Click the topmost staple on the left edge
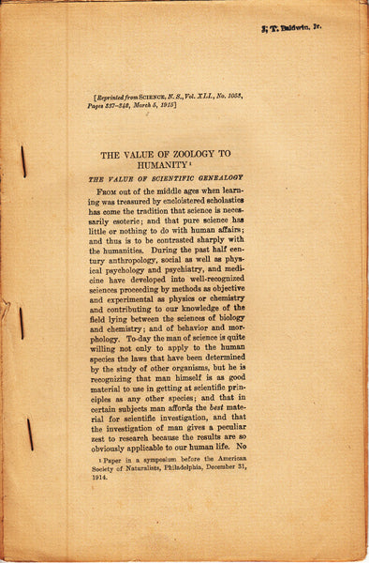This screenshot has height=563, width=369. [23, 160]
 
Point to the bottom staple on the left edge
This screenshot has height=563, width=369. [30, 433]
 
